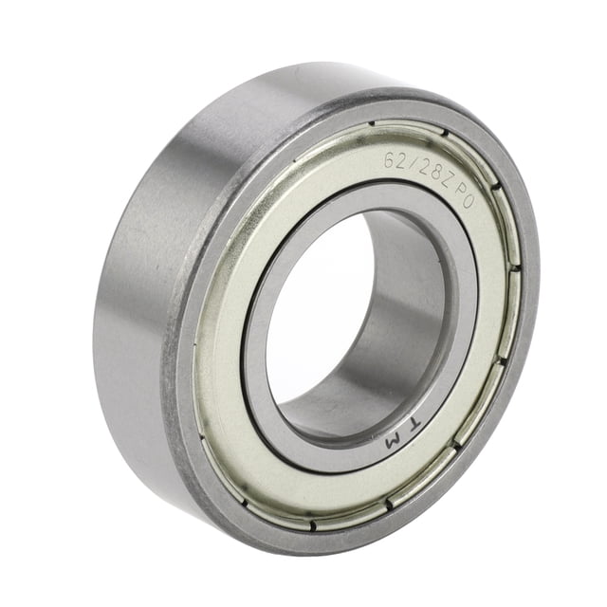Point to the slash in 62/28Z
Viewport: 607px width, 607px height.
(x=410, y=166)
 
